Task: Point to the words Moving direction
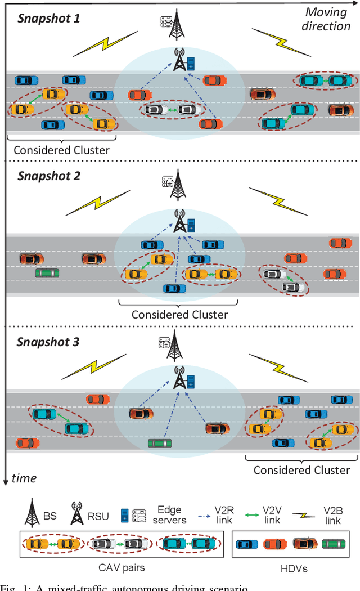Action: point(327,19)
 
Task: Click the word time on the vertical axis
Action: point(24,463)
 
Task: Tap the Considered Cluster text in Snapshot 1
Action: point(62,150)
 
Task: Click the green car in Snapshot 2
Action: point(47,273)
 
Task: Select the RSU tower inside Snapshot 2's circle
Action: point(180,221)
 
